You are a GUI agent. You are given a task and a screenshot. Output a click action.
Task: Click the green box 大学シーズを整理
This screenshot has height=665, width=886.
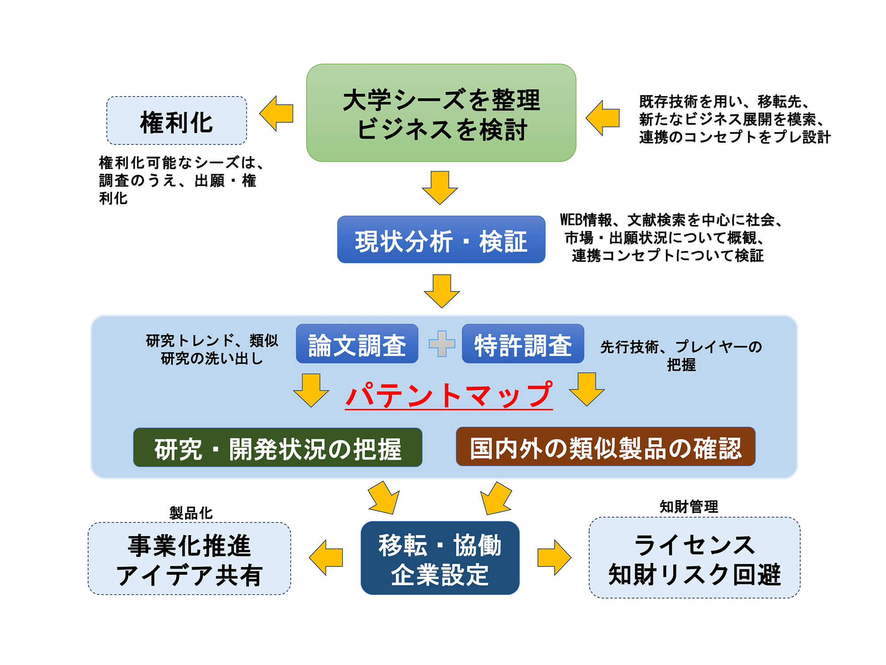(x=441, y=113)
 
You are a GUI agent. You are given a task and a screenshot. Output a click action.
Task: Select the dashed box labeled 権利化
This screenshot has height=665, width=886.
(x=177, y=121)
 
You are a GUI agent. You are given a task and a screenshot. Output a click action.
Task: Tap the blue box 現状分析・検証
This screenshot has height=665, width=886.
(x=441, y=240)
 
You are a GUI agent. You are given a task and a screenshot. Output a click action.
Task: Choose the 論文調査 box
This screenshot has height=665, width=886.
(x=357, y=344)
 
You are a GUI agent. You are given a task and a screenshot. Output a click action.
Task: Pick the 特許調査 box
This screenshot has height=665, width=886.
(x=523, y=344)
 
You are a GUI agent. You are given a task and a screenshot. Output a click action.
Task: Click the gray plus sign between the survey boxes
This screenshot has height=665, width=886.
(x=442, y=344)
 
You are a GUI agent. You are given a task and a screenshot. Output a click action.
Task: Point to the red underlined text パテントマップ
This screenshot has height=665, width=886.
(x=449, y=395)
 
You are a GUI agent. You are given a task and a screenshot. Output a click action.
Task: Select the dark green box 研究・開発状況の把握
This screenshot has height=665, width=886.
(x=278, y=447)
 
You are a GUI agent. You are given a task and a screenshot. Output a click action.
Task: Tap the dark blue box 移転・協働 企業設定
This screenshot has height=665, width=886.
(x=440, y=558)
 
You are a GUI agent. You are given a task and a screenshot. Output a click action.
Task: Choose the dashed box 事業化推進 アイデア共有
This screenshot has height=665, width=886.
(x=190, y=559)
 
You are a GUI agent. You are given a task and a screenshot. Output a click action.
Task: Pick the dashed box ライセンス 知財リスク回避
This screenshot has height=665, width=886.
(x=694, y=558)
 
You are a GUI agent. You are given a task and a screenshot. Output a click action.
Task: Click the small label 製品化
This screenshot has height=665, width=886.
(x=191, y=513)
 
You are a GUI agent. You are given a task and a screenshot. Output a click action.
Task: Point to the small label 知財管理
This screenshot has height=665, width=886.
(x=689, y=506)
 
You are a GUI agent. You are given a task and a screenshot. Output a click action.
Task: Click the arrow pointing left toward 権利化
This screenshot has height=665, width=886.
(x=276, y=113)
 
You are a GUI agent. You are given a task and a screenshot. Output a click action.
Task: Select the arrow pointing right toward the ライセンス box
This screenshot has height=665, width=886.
(x=554, y=557)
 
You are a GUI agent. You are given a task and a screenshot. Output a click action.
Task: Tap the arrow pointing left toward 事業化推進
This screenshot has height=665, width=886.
(x=326, y=557)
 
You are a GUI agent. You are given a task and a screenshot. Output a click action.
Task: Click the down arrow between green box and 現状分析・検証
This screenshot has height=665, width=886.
(x=440, y=188)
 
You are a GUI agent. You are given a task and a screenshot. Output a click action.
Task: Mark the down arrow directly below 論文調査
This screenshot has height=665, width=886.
(x=311, y=390)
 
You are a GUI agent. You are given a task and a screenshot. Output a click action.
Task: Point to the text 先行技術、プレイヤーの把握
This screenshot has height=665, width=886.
(x=681, y=356)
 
